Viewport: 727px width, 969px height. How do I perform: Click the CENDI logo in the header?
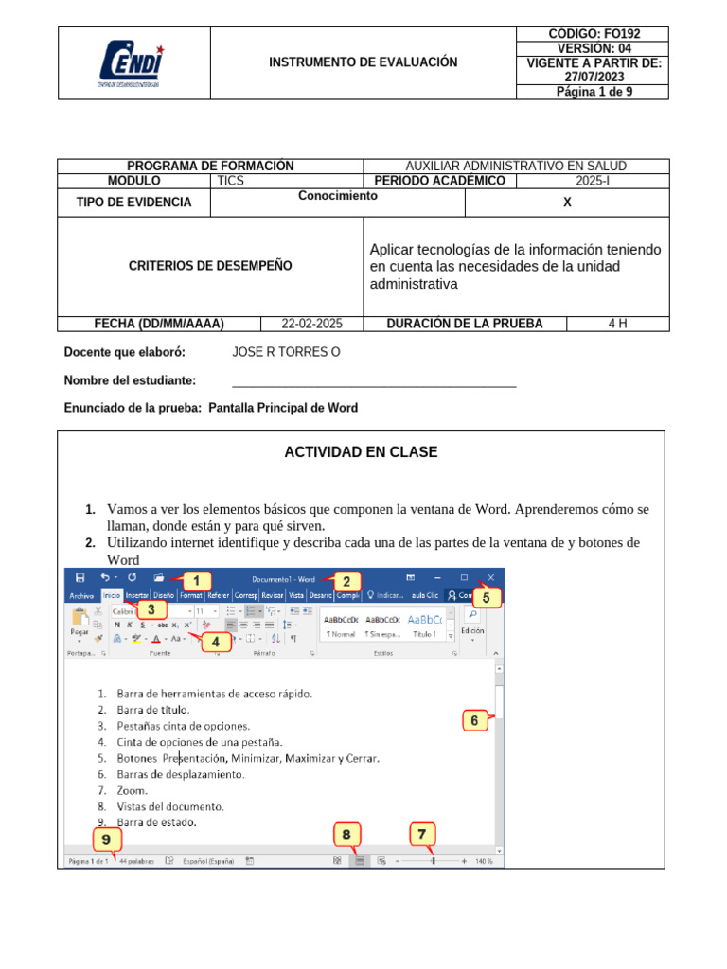pyautogui.click(x=132, y=63)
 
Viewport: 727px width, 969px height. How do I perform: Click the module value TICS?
pyautogui.click(x=231, y=181)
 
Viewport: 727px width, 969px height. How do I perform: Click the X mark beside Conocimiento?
pyautogui.click(x=567, y=203)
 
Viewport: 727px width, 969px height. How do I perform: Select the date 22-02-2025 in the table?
pyautogui.click(x=312, y=324)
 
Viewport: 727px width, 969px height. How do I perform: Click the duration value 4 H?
pyautogui.click(x=617, y=324)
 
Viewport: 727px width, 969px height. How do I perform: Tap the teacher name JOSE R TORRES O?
pyautogui.click(x=286, y=353)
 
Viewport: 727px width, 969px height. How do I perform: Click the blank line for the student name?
pyautogui.click(x=374, y=383)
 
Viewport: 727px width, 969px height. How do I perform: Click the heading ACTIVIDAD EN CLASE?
pyautogui.click(x=361, y=452)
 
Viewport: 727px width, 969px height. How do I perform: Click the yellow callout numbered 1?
pyautogui.click(x=196, y=580)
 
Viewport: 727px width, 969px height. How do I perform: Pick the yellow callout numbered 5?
pyautogui.click(x=486, y=598)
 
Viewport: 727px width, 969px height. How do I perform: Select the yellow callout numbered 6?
pyautogui.click(x=475, y=721)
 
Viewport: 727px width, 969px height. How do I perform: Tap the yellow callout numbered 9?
pyautogui.click(x=107, y=839)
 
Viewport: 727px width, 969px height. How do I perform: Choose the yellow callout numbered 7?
pyautogui.click(x=422, y=835)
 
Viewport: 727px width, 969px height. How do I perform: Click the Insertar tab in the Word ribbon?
pyautogui.click(x=137, y=596)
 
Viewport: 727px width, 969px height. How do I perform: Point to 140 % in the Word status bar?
pyautogui.click(x=484, y=861)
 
